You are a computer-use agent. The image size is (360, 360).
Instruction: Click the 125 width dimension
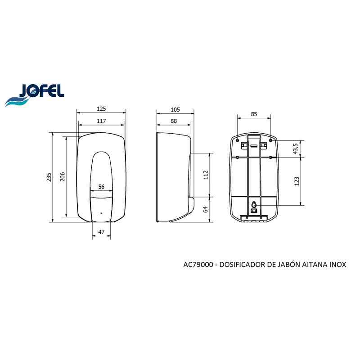pyautogui.click(x=101, y=108)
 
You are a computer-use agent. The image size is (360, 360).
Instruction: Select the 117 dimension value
pyautogui.click(x=101, y=121)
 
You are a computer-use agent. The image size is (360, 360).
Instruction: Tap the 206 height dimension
pyautogui.click(x=63, y=177)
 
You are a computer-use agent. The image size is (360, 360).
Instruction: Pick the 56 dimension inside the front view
pyautogui.click(x=101, y=186)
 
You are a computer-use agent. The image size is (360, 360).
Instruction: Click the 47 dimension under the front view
pyautogui.click(x=101, y=232)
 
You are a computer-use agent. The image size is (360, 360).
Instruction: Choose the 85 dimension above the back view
pyautogui.click(x=254, y=114)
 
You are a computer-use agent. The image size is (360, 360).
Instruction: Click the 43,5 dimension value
pyautogui.click(x=295, y=148)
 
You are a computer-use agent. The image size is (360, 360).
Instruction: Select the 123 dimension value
pyautogui.click(x=295, y=180)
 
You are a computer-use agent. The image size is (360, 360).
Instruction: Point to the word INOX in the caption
pyautogui.click(x=337, y=265)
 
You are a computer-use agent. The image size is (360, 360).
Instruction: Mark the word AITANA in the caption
pyautogui.click(x=310, y=265)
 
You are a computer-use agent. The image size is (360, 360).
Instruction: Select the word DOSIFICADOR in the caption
pyautogui.click(x=244, y=265)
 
